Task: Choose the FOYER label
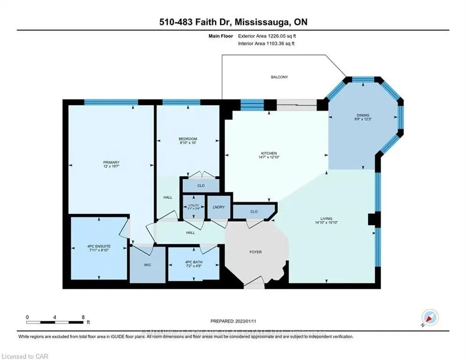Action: (x=255, y=252)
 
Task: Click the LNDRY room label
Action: (x=218, y=207)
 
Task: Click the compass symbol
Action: (x=430, y=318)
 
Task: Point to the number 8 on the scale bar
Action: (x=83, y=317)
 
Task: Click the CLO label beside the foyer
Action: (x=253, y=211)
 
